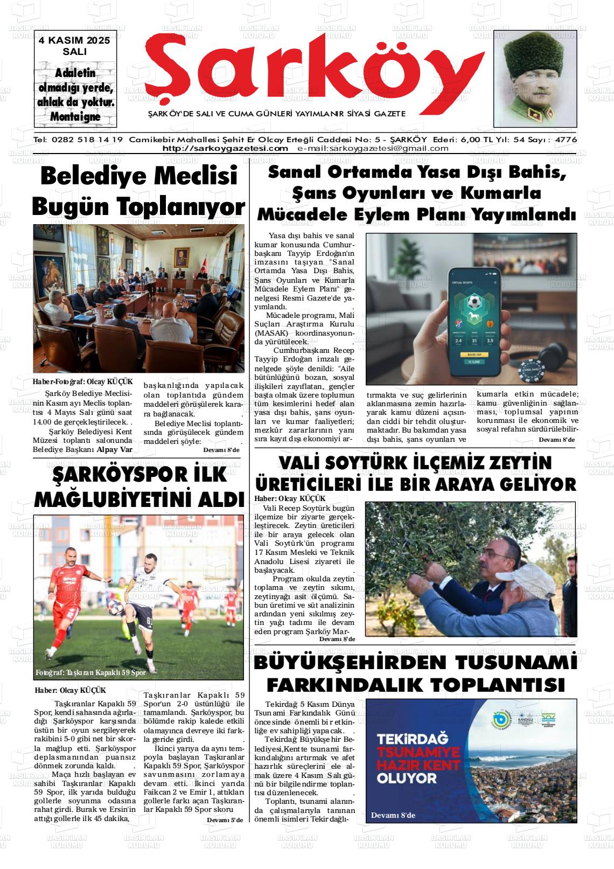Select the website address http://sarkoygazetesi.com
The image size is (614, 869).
point(225,149)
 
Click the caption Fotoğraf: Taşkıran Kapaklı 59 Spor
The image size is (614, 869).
point(90,673)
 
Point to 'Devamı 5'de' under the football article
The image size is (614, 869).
point(225,820)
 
